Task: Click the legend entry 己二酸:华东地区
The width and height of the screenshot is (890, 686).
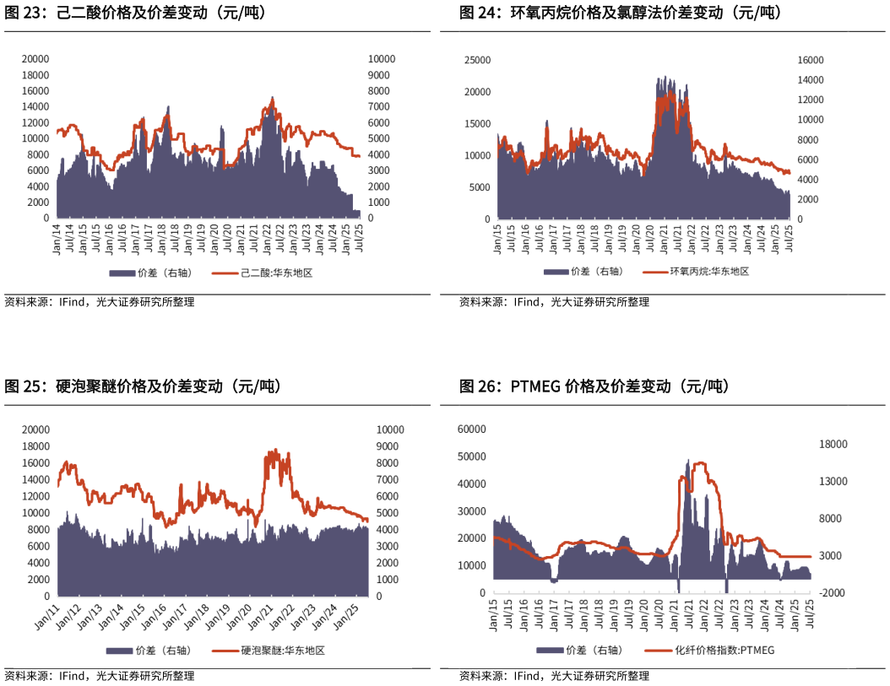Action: click(x=276, y=273)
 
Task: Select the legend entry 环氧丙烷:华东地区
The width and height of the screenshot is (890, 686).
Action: click(x=709, y=271)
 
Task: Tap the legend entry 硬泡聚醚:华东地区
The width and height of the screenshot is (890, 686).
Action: click(x=282, y=651)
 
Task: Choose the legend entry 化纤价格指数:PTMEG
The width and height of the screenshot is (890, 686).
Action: click(x=724, y=651)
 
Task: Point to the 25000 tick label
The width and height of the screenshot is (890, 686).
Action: click(x=477, y=60)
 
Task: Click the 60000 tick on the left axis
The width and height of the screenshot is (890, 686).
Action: click(x=471, y=429)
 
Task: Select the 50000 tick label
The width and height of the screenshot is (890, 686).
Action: click(x=471, y=456)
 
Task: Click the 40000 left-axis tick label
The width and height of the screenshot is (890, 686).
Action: click(x=471, y=484)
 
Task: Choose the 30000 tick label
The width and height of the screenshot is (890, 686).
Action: click(x=471, y=511)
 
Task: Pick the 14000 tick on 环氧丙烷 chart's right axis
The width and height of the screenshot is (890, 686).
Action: click(x=811, y=80)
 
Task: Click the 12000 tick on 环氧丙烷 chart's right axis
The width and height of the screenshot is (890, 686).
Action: click(x=811, y=100)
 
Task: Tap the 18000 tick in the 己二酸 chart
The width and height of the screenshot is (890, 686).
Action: click(x=35, y=75)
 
